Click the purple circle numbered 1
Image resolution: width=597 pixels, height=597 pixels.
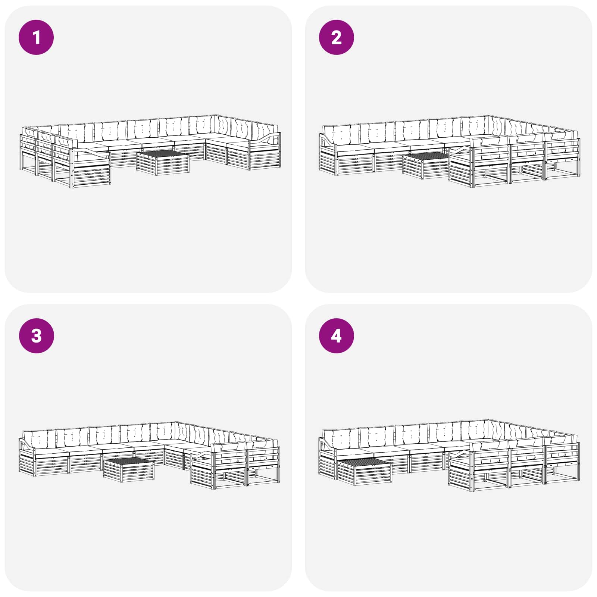36,37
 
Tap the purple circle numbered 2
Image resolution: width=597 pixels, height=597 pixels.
336,37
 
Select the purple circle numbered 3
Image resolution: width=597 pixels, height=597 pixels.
36,335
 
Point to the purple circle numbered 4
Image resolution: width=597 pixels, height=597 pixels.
336,335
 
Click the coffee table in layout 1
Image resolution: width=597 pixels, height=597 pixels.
163,163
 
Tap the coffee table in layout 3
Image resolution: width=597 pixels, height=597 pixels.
129,470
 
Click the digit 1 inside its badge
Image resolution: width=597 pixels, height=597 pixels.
36,37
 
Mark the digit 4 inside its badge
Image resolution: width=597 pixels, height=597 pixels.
336,335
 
